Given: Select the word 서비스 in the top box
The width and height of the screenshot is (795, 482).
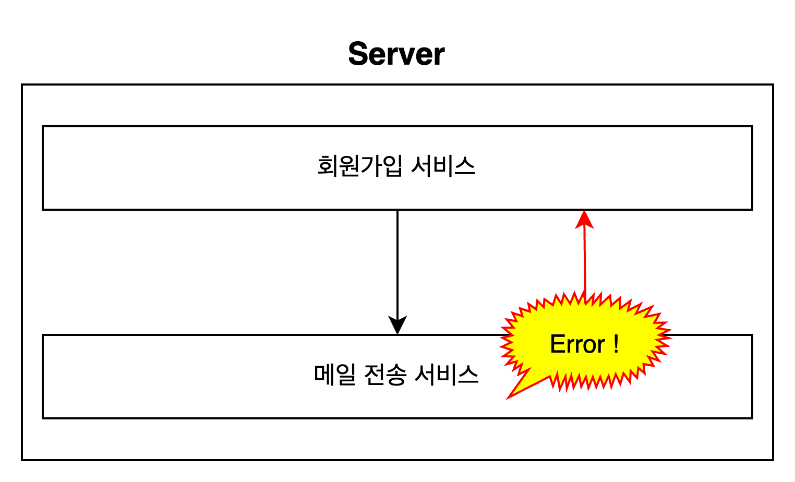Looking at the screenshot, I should (x=443, y=166).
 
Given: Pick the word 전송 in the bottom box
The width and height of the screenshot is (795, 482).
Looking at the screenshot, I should (x=385, y=375).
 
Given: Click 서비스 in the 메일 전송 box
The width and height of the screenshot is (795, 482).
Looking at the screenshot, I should (x=446, y=375).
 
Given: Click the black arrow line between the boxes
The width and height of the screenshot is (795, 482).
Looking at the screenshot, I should (x=397, y=261).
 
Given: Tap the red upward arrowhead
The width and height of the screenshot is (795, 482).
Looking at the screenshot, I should (x=584, y=219).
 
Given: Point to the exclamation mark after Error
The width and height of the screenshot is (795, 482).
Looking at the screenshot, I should (x=616, y=344).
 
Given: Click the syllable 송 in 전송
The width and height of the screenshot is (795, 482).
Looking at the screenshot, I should (x=396, y=375).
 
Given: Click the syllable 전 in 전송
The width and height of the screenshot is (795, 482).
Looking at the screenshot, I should (x=374, y=375).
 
